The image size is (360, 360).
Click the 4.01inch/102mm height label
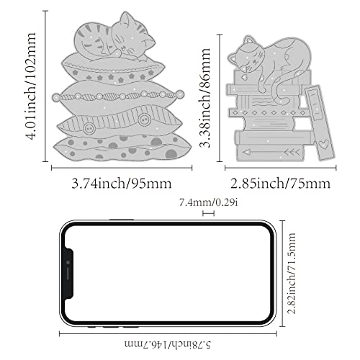[31, 86]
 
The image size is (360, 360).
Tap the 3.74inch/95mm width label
[122, 184]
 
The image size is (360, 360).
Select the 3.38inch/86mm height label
[205, 97]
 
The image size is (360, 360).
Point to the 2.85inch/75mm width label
[280, 184]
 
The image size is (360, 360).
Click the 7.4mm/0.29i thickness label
[209, 203]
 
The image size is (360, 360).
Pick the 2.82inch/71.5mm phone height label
[292, 273]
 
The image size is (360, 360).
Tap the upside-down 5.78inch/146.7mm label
[168, 344]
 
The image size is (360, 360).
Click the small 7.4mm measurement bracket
[208, 213]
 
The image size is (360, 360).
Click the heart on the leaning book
[323, 144]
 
